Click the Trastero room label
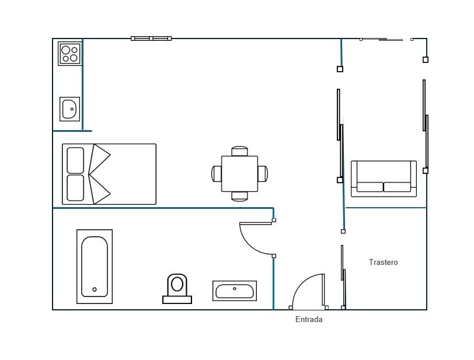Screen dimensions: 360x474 [x=383, y=263]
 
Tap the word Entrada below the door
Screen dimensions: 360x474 [x=309, y=320]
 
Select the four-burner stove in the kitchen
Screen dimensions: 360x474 [x=70, y=54]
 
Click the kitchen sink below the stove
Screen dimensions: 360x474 [x=69, y=109]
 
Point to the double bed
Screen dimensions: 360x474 [x=109, y=174]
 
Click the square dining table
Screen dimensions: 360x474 [x=239, y=174]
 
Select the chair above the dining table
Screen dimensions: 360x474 [x=239, y=151]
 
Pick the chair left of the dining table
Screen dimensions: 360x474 [x=217, y=174]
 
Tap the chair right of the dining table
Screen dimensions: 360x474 [x=262, y=174]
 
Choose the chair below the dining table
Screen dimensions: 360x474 [x=239, y=196]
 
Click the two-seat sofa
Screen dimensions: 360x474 [x=384, y=179]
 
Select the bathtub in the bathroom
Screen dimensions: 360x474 [x=95, y=267]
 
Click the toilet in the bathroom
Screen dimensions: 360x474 [x=177, y=289]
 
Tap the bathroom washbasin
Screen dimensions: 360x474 [x=234, y=291]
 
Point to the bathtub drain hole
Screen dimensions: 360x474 [x=95, y=289]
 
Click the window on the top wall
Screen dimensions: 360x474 [x=151, y=39]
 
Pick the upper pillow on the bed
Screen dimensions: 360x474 [x=75, y=160]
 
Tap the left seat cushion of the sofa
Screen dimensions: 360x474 [x=370, y=187]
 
